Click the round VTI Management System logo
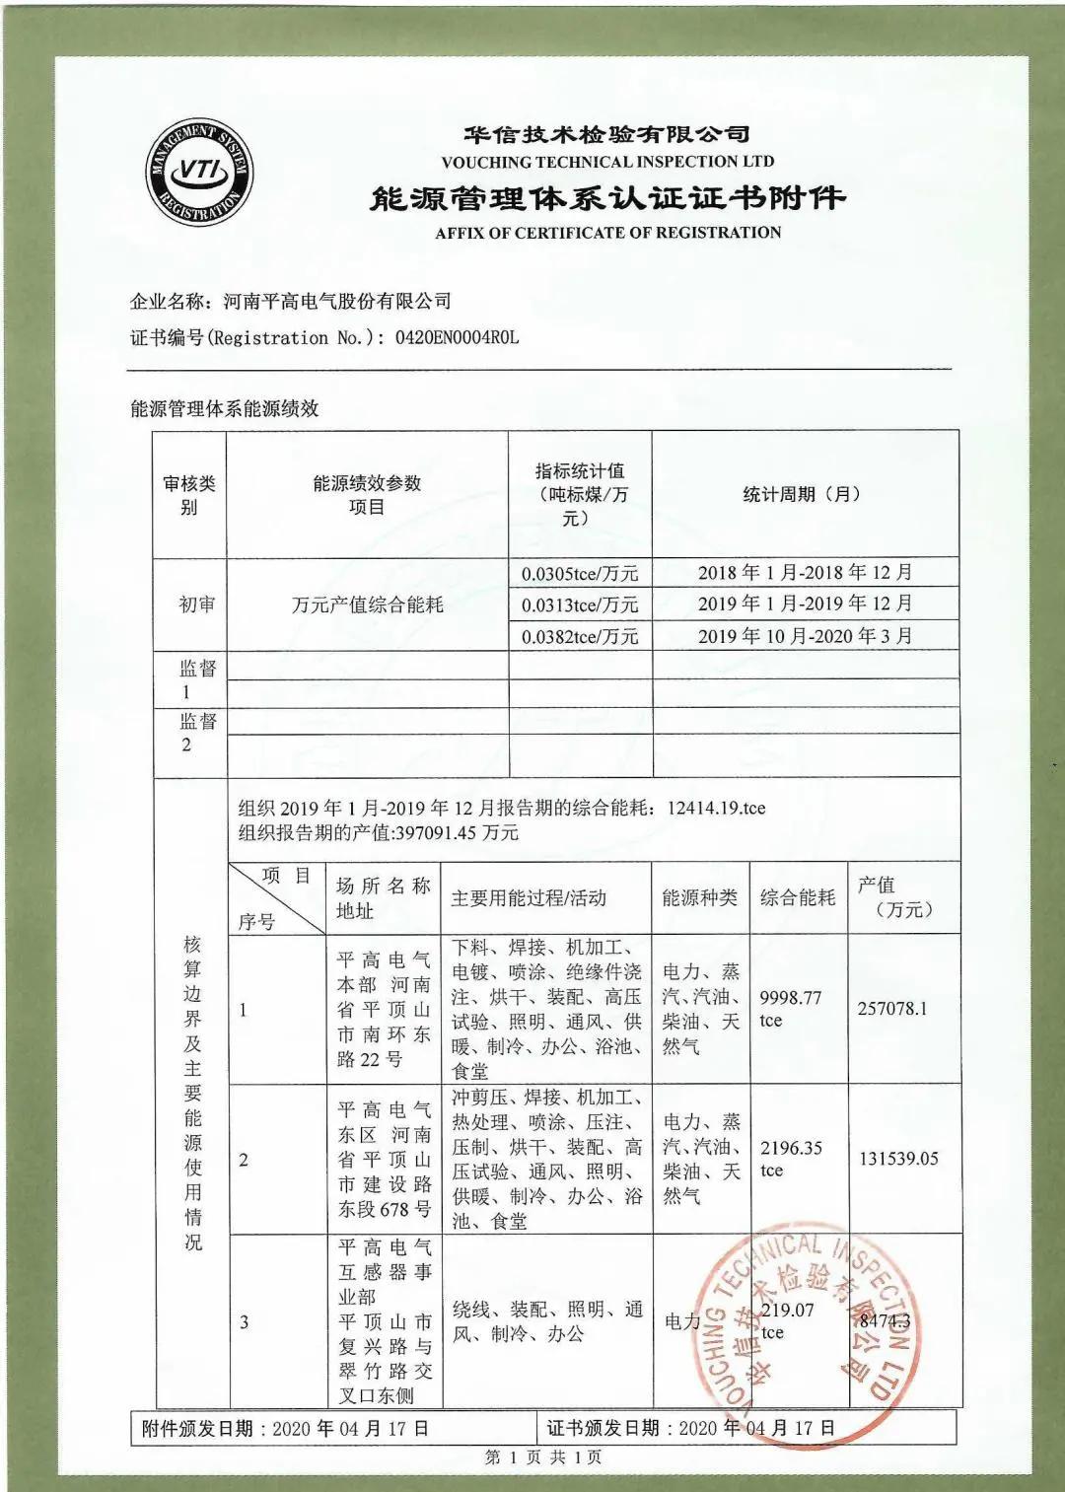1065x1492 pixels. tap(198, 174)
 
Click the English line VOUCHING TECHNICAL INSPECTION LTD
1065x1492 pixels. tap(607, 162)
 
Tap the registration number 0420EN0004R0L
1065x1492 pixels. tap(457, 337)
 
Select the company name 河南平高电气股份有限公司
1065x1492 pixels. tap(337, 301)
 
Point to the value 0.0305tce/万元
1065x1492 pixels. tap(580, 573)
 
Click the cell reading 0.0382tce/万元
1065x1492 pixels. tap(580, 636)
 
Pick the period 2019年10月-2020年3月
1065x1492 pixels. tap(805, 636)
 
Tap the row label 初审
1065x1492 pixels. tap(196, 604)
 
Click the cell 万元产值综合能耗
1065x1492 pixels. tap(368, 604)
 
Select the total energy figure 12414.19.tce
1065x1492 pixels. tap(716, 808)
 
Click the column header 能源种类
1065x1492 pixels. tap(699, 897)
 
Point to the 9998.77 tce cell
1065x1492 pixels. tap(790, 1009)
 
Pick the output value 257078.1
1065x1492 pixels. tap(892, 1009)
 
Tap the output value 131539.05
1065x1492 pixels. tap(898, 1159)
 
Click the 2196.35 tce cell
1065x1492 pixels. tap(791, 1159)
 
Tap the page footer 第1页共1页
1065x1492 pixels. tap(543, 1457)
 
